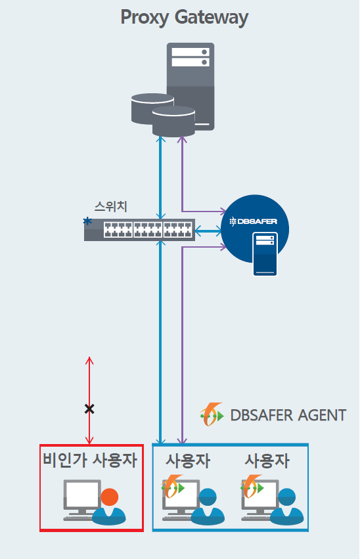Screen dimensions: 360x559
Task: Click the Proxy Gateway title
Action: coord(185,18)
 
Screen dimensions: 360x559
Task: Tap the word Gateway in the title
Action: coord(212,18)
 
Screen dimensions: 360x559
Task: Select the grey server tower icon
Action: coord(191,86)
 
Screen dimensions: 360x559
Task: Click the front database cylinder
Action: coord(173,122)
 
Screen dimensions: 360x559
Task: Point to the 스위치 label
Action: coord(110,206)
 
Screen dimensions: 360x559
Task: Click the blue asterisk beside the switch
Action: coord(87,221)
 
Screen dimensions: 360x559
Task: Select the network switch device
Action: coord(139,230)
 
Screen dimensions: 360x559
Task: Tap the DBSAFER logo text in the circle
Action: coord(253,221)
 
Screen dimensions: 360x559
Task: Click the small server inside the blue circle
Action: coord(265,254)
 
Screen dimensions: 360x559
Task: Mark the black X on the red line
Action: coord(89,409)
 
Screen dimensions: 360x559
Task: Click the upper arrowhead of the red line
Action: coord(89,360)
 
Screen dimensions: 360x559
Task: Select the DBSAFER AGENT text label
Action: coord(288,415)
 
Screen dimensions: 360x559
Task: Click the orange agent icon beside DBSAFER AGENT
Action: coord(212,414)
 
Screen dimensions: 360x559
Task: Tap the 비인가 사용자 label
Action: coord(90,460)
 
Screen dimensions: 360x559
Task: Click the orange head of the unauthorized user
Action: coord(110,497)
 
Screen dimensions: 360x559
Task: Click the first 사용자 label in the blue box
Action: coord(188,460)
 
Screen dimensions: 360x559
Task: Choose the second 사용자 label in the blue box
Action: coord(267,460)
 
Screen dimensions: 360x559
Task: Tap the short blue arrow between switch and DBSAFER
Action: coord(208,231)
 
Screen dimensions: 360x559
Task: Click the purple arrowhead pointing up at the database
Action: coord(182,140)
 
